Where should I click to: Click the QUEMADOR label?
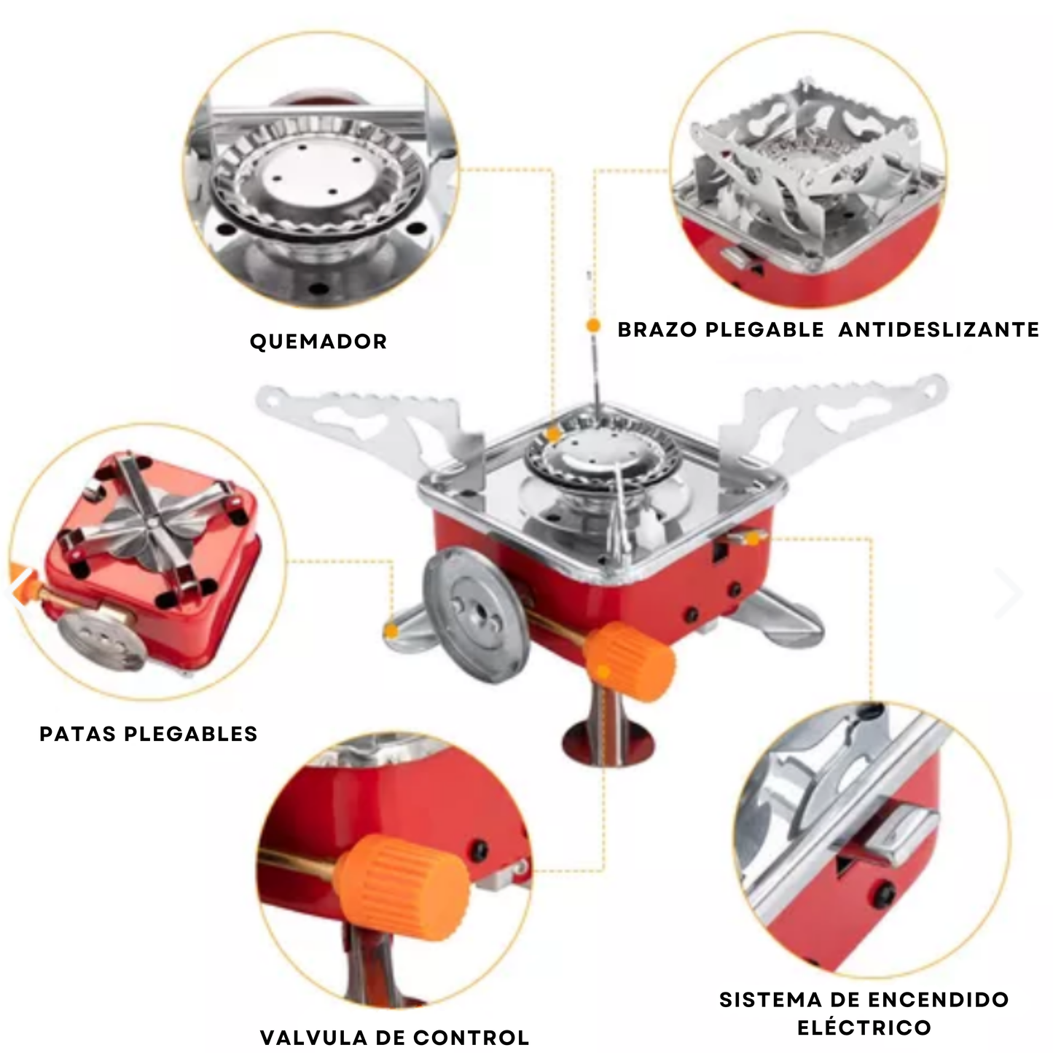[x=318, y=342]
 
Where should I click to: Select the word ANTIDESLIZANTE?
[x=939, y=329]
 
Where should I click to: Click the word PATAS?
[x=77, y=734]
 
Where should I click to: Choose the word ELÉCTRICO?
[x=864, y=1027]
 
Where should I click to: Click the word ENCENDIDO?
[x=938, y=1000]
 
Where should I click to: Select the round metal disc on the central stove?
[x=477, y=615]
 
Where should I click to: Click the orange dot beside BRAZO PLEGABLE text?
[x=593, y=326]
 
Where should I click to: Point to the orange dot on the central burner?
[x=554, y=434]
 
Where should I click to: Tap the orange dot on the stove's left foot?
[x=391, y=632]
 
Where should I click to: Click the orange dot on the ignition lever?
[x=753, y=539]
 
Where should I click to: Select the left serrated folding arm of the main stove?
[x=372, y=423]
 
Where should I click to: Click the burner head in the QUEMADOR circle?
[x=313, y=186]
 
